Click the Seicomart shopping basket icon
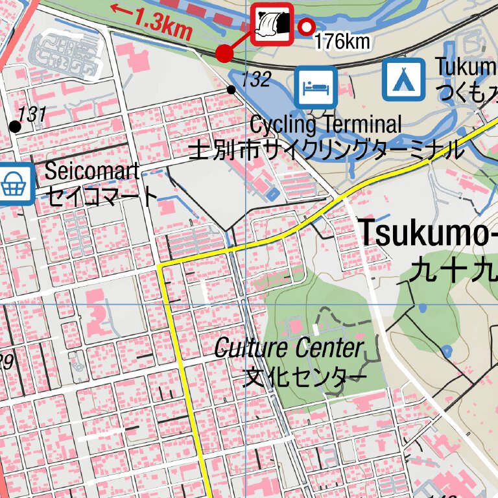[14, 184]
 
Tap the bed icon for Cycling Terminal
[316, 87]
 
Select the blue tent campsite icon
[403, 79]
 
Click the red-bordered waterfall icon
[272, 25]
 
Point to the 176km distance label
[342, 42]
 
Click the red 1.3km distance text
[162, 22]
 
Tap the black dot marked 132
[231, 89]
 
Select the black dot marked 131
[15, 126]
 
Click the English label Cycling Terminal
[326, 123]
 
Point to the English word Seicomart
[92, 172]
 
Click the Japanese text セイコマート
[102, 196]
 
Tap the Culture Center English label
[289, 348]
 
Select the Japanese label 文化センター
[305, 376]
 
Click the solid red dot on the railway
[224, 54]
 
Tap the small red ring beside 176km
[307, 27]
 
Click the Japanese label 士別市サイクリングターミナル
[326, 150]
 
